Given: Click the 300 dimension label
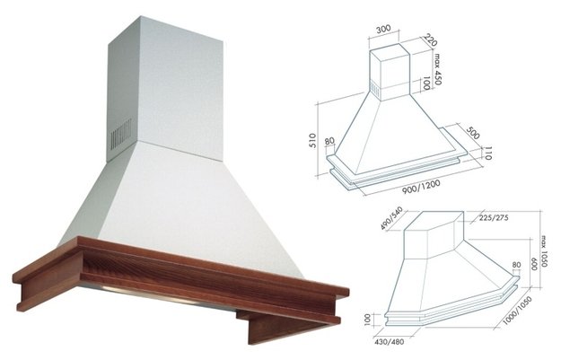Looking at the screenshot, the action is pos(383,29).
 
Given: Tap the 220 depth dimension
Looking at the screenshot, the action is pos(431,40).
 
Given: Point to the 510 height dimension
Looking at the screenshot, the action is pos(312,140).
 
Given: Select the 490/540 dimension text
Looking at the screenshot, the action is pos(391,218).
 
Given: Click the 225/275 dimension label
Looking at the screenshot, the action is pos(494,217).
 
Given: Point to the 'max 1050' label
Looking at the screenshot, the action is pos(544,250).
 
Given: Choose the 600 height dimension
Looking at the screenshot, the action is pos(535,264).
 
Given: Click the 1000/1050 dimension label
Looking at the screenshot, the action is pos(517,311).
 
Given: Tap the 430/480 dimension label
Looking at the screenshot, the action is pos(390,341).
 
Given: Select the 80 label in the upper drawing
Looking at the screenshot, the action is pos(329,141).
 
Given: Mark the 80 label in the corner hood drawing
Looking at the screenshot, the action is pos(516,265).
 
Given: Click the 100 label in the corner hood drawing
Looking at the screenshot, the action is pos(367,320).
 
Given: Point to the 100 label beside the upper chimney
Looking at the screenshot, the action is pos(425,84).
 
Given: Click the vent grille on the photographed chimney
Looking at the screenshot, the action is pos(121,134).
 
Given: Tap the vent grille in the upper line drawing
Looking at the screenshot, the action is pos(374,89).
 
